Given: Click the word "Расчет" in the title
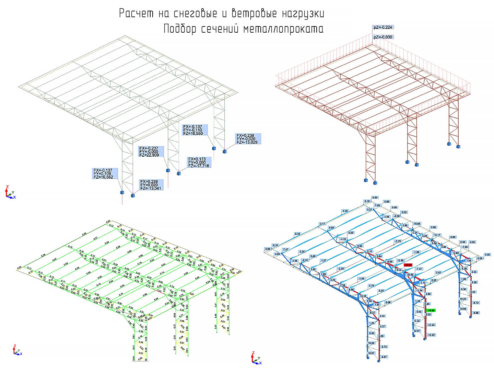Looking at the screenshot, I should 137,14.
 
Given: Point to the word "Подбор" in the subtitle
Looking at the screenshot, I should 180,29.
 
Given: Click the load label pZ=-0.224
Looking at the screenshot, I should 383,27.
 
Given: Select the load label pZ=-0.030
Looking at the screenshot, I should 383,37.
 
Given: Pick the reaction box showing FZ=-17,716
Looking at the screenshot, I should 199,162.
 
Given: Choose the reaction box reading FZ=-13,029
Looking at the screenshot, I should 248,139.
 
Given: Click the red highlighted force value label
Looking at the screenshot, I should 408,265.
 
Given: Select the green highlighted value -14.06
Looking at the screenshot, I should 431,311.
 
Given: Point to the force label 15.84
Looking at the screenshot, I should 417,224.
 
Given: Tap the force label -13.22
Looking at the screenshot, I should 431,335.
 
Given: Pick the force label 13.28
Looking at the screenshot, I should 363,296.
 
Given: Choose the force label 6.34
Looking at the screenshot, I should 297,234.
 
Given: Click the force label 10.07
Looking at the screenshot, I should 371,353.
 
